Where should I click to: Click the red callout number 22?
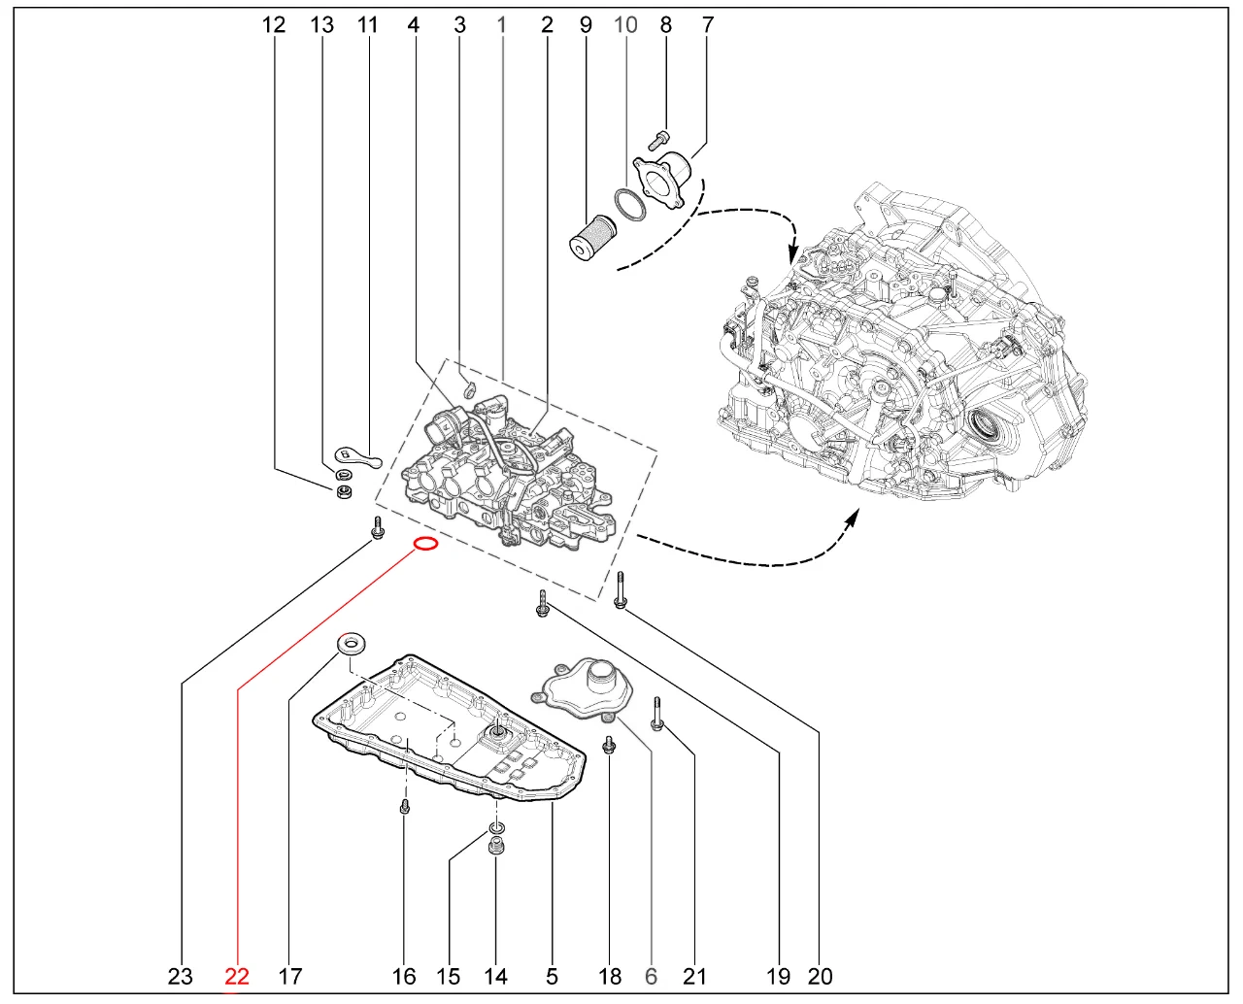click(x=237, y=976)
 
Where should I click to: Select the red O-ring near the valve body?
click(x=425, y=544)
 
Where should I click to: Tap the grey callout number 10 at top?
click(x=625, y=24)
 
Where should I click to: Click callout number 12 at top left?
click(x=274, y=24)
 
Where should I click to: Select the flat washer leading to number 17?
click(x=351, y=643)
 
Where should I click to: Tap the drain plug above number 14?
click(x=497, y=847)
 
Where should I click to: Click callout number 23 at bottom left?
click(x=181, y=976)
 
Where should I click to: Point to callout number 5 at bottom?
click(x=552, y=976)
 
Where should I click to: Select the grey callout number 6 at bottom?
click(x=651, y=976)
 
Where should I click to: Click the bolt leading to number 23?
click(x=378, y=528)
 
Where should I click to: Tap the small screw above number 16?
click(x=405, y=806)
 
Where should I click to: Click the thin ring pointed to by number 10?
click(x=630, y=205)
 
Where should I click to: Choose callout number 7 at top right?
click(x=707, y=24)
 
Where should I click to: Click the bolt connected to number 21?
click(x=656, y=714)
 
